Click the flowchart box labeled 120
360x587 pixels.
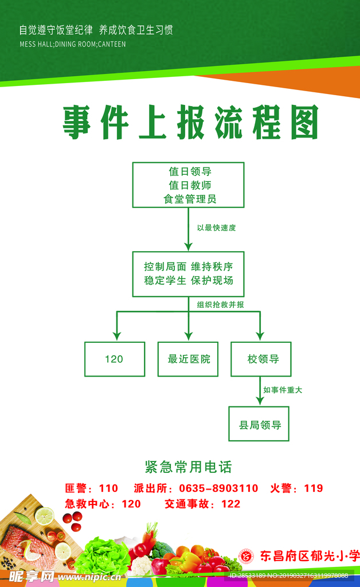click(x=115, y=359)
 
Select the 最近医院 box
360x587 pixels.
click(x=188, y=359)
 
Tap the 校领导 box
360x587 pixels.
click(x=261, y=359)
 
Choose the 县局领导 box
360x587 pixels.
click(x=259, y=424)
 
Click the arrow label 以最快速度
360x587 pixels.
click(x=216, y=228)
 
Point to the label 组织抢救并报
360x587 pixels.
click(x=220, y=304)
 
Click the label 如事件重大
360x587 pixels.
click(x=283, y=390)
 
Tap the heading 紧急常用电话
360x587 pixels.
click(x=188, y=467)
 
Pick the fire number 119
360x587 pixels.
click(x=314, y=488)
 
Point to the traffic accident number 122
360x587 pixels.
click(x=230, y=504)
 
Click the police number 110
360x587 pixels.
click(x=108, y=488)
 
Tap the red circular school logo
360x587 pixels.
click(x=246, y=555)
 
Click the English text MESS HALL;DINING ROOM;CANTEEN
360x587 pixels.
click(x=72, y=44)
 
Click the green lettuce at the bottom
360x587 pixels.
click(x=103, y=555)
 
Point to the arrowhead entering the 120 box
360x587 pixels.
click(x=116, y=336)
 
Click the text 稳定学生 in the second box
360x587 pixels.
click(x=165, y=280)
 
